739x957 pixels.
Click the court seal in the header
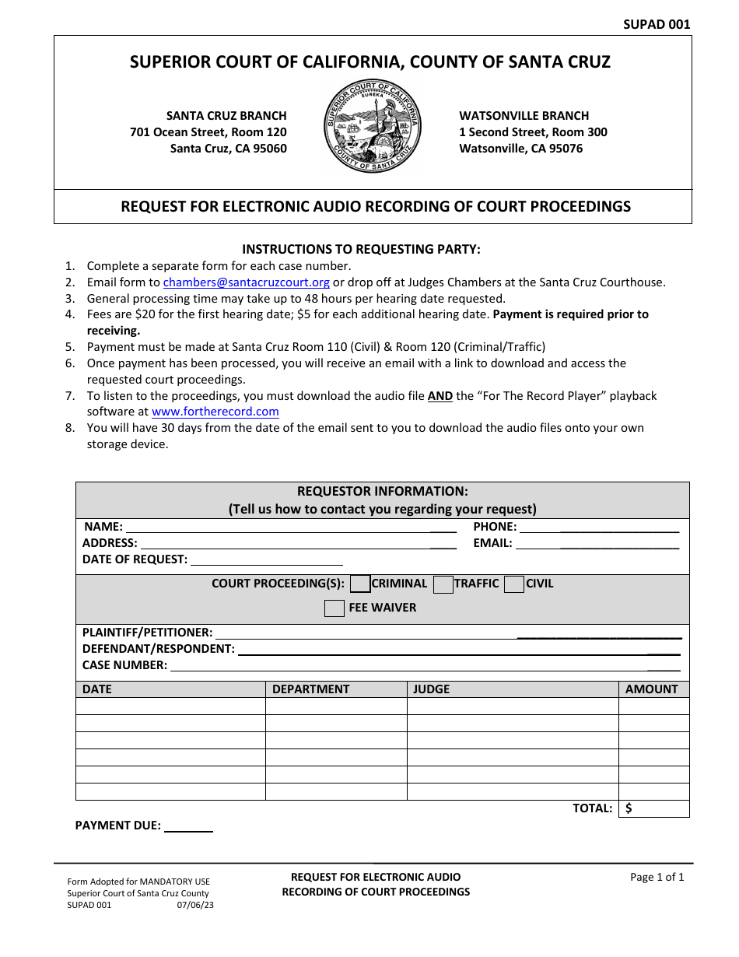coord(373,126)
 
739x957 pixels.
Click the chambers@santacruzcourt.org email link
coord(246,282)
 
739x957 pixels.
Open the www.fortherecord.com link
coord(215,412)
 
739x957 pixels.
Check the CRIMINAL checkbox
coord(360,584)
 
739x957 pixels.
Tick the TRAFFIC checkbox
coord(443,584)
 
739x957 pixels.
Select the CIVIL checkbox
coord(513,584)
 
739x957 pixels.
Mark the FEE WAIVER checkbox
coord(334,608)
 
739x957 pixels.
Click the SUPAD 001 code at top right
coord(656,24)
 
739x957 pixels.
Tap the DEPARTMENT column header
coord(310,689)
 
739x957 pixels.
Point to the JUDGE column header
coord(431,689)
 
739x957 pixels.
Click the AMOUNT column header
coord(651,689)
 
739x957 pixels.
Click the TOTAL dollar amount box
coord(654,808)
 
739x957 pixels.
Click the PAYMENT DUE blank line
coord(187,826)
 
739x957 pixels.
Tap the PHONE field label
coord(495,527)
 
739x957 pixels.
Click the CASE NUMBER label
coord(124,665)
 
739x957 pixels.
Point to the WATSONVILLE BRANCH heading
coord(524,116)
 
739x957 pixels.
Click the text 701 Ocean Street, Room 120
coord(208,132)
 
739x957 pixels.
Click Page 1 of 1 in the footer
coord(657,878)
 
